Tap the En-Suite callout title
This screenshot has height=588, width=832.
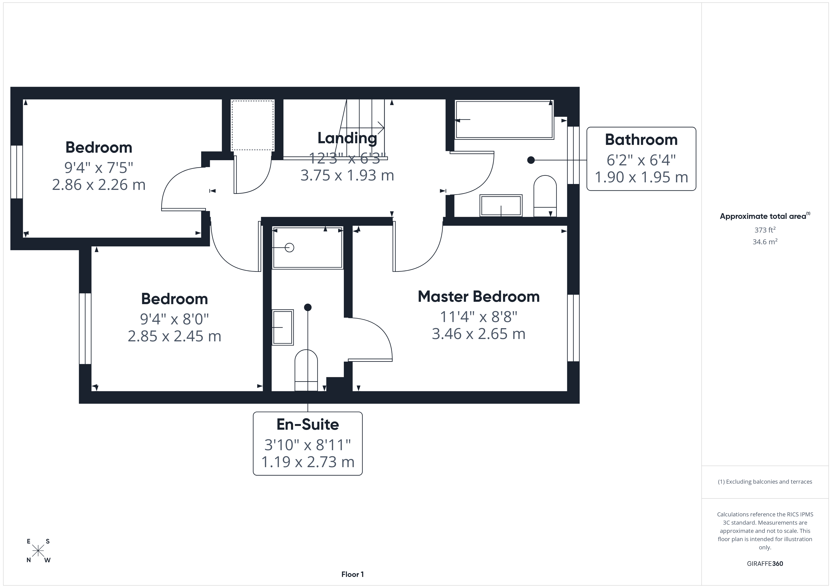(x=308, y=424)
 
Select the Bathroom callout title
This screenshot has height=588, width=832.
(x=641, y=140)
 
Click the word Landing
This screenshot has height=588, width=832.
(x=347, y=138)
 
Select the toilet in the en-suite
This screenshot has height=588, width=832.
(x=306, y=370)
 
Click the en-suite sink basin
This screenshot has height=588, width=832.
(x=283, y=327)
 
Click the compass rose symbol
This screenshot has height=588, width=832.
(x=38, y=551)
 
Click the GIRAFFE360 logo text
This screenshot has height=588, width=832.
(x=765, y=564)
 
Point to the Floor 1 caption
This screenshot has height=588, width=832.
(x=352, y=574)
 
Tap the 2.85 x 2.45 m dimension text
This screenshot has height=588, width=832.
(x=174, y=336)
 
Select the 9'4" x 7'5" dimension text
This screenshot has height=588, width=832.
(x=99, y=167)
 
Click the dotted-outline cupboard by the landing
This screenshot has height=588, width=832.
(x=252, y=125)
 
